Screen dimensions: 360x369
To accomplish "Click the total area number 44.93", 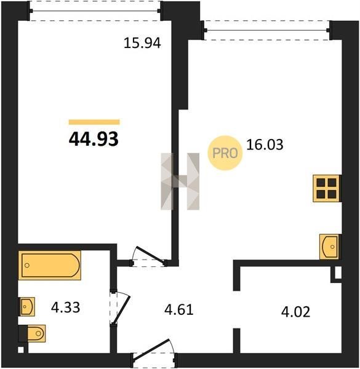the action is click(94, 139).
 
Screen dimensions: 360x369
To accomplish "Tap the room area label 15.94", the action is click(142, 43).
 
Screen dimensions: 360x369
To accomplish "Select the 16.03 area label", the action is click(265, 145).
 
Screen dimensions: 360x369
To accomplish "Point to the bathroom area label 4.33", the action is click(65, 307).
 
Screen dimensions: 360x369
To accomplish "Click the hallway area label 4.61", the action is click(179, 310).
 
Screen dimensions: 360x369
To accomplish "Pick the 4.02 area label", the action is click(296, 312).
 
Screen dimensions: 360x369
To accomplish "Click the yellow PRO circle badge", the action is click(225, 153).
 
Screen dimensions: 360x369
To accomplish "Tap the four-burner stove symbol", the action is click(326, 188).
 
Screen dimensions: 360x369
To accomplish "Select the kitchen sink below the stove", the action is click(329, 247).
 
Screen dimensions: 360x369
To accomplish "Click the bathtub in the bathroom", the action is click(49, 265).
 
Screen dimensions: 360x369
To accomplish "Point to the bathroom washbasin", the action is click(27, 306).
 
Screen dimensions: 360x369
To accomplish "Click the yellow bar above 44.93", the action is click(94, 122).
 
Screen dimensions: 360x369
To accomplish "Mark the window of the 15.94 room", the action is click(95, 11).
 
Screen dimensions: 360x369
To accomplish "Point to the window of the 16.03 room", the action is click(266, 30).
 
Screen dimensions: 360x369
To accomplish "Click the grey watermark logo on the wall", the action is click(180, 181).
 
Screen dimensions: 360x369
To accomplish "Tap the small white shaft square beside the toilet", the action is click(21, 350).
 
